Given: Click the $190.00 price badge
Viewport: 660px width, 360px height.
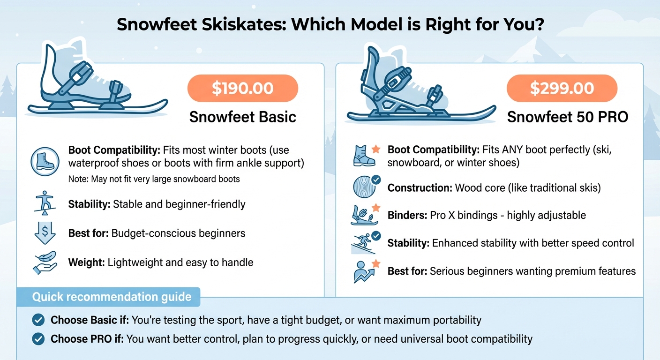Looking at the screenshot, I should pos(242,88).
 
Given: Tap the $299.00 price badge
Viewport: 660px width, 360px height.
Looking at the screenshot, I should pos(562,88).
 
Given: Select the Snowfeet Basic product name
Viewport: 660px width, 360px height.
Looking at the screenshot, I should pos(242,116).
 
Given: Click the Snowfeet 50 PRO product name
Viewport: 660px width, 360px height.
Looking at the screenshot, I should pos(568,116).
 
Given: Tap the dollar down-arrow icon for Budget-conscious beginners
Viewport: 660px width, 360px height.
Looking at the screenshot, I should pos(45,233).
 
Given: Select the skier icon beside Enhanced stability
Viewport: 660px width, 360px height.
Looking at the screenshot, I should pos(365,243).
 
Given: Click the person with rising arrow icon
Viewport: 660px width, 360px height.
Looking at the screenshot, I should pos(365,271).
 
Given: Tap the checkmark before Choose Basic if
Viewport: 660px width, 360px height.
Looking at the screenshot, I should pos(38,320).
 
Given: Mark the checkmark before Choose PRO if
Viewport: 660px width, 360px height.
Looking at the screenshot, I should pos(38,338).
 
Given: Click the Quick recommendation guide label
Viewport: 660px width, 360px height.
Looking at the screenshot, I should pos(112,297).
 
